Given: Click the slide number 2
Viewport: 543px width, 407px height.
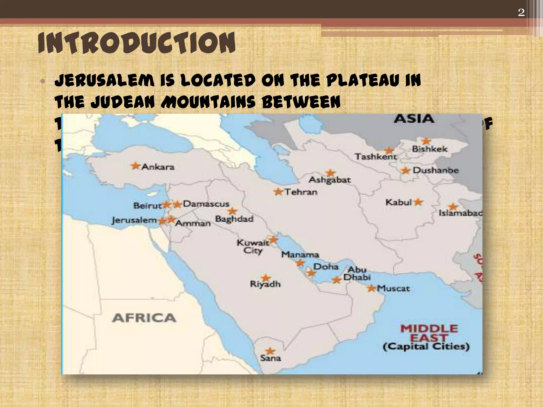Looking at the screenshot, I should point(521,12).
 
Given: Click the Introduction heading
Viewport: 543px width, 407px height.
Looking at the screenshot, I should point(137,43).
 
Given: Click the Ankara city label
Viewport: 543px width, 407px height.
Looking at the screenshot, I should point(158,167).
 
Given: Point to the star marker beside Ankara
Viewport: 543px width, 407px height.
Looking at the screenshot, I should point(135,166).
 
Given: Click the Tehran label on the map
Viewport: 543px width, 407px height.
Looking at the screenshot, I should point(301,192).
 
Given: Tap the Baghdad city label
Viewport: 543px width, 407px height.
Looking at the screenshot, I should point(234,219).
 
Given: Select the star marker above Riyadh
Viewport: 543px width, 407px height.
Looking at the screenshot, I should point(265,278).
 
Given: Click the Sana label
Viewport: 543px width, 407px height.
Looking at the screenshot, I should point(270,358).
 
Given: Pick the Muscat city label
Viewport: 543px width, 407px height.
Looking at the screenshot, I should point(393,288).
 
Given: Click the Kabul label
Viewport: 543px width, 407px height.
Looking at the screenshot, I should point(399,202).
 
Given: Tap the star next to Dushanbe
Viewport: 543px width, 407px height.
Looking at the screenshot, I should point(405,170).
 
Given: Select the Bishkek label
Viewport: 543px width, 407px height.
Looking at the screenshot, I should point(430,149).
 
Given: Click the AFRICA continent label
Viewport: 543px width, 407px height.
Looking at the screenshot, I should point(144,318).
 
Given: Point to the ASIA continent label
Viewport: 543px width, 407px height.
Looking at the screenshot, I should point(414,119).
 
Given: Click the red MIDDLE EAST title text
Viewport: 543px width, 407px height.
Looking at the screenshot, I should point(429,333).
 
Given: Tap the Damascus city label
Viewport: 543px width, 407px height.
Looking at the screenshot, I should point(206,204).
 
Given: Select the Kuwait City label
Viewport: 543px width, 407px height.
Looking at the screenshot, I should point(253,246).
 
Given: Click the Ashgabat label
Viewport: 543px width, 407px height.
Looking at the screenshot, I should point(330,180).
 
